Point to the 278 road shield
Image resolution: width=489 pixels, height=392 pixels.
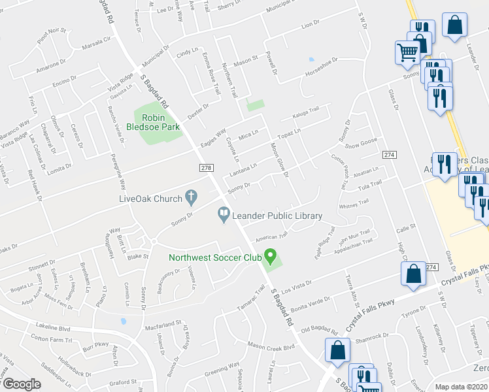207,169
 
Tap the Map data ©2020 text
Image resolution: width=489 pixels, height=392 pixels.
462,387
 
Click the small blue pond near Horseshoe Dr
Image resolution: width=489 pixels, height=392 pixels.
312,59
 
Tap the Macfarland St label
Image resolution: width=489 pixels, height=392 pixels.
163,323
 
